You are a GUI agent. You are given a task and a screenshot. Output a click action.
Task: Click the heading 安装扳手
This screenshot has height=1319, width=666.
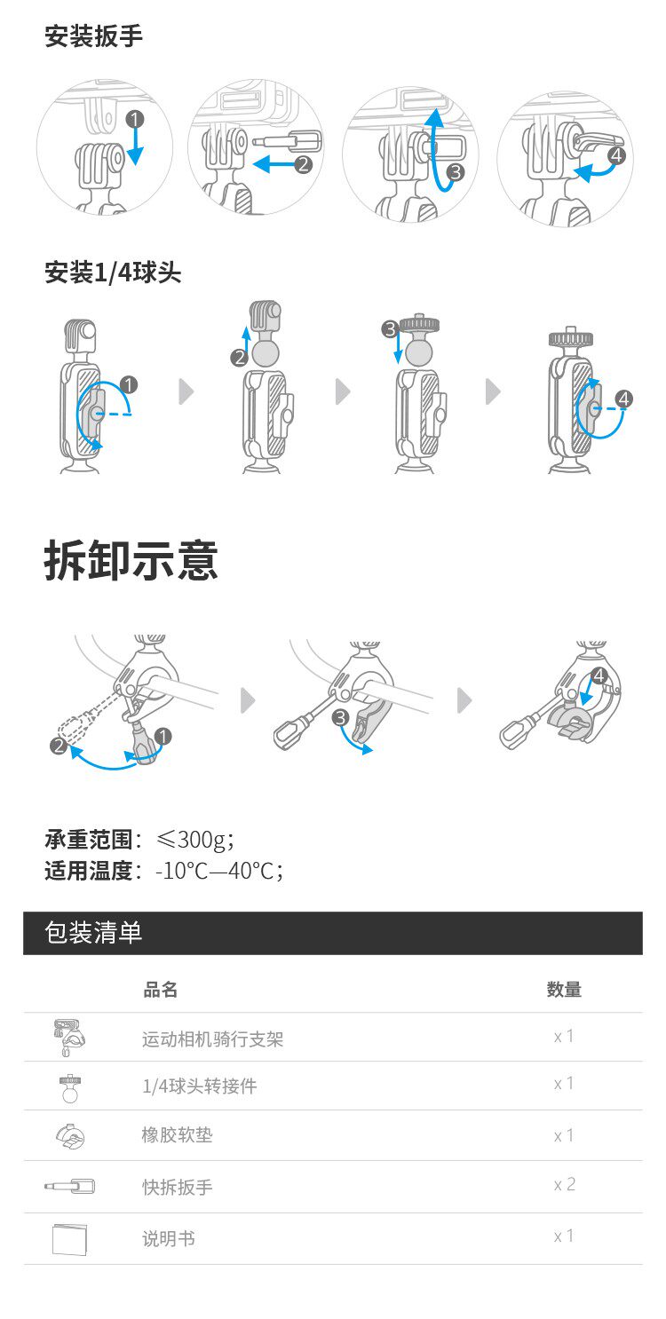click(93, 36)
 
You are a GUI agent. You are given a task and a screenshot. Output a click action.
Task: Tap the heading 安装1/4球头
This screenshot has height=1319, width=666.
click(113, 272)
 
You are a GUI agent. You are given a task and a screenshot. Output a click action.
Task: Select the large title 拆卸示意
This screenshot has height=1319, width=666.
click(131, 561)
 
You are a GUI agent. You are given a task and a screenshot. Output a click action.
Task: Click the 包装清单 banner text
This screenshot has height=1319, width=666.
click(93, 933)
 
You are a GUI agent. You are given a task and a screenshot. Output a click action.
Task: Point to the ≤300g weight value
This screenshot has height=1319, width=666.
click(194, 839)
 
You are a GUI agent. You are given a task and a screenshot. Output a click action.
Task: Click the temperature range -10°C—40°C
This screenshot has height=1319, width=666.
click(219, 870)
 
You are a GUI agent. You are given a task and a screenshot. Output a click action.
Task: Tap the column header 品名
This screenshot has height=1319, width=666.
click(160, 990)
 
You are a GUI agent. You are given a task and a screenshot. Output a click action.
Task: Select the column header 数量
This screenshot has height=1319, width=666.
click(564, 990)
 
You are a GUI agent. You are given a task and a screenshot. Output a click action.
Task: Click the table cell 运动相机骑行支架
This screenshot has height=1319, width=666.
click(212, 1039)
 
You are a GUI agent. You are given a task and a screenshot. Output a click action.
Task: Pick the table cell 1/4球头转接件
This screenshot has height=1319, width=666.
click(200, 1086)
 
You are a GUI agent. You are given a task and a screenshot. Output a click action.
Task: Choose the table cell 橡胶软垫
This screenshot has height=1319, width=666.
click(177, 1134)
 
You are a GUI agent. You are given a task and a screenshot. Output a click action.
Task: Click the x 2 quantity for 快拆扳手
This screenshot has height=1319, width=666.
click(564, 1184)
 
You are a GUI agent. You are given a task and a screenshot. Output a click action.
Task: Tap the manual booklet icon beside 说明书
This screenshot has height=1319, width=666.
click(69, 1239)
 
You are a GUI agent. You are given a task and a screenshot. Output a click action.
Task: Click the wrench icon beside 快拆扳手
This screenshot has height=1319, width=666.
click(69, 1186)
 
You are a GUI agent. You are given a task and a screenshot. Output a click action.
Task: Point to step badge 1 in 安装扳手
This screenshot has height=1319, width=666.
click(135, 120)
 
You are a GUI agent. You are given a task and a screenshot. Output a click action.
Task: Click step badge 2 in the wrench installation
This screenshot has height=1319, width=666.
click(303, 163)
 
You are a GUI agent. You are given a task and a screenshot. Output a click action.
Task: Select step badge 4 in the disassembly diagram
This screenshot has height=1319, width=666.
click(599, 675)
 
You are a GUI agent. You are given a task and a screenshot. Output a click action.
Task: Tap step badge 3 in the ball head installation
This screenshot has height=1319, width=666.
click(390, 328)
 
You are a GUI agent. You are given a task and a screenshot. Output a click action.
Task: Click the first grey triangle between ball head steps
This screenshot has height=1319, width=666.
click(186, 391)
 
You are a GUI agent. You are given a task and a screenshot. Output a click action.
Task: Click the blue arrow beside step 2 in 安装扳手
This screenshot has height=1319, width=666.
click(274, 164)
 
